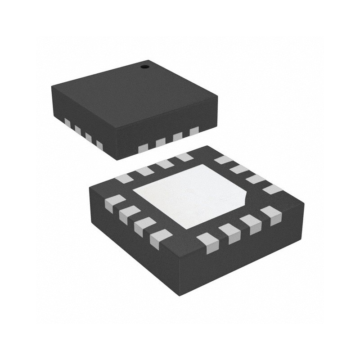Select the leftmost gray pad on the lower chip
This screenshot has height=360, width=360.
tap(114, 204)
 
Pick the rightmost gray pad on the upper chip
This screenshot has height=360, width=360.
tap(194, 131)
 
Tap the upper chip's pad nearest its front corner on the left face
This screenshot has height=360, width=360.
tap(99, 145)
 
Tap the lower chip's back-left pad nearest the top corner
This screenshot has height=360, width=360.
tap(184, 157)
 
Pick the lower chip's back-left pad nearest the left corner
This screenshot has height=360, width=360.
tap(124, 179)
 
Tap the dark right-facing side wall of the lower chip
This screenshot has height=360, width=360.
tap(252, 252)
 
